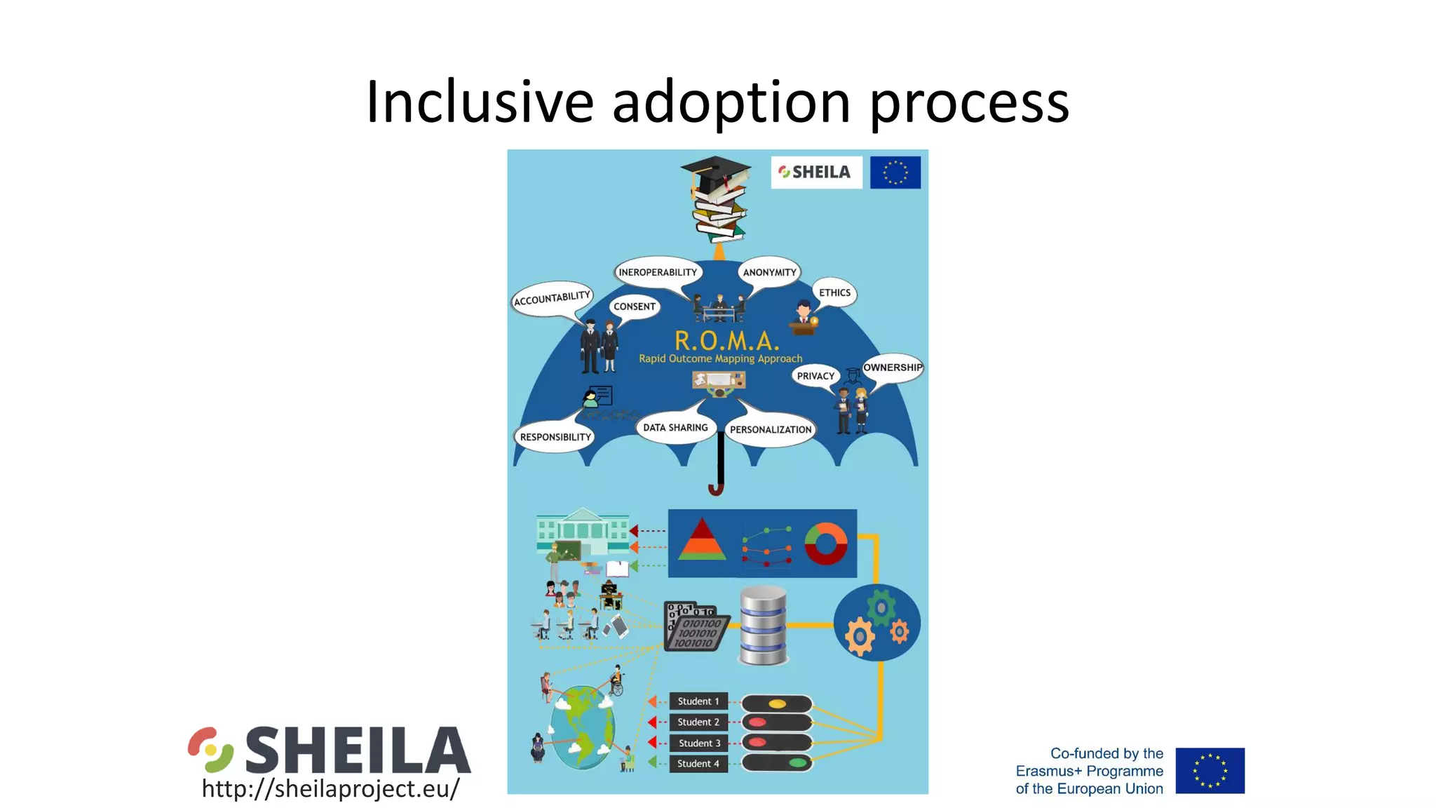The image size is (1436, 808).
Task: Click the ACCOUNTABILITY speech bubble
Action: [x=552, y=299]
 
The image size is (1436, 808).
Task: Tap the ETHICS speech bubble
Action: [x=834, y=292]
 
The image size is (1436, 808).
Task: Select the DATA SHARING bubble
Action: [x=675, y=427]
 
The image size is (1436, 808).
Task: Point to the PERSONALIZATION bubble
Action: [x=770, y=429]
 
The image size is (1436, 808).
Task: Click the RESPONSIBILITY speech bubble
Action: [x=555, y=437]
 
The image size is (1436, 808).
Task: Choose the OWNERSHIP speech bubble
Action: [x=892, y=368]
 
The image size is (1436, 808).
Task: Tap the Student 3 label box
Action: [x=698, y=743]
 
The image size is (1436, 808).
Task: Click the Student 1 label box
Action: [x=698, y=701]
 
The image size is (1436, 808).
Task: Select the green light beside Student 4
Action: [x=797, y=762]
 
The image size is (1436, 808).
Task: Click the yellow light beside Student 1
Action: [x=777, y=703]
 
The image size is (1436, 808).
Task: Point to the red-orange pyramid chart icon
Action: [x=702, y=539]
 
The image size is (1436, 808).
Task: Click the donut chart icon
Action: [x=825, y=544]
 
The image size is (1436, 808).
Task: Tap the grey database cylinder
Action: [x=763, y=626]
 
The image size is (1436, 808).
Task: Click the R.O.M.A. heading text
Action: [x=726, y=341]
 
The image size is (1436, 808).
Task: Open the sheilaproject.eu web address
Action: [x=330, y=788]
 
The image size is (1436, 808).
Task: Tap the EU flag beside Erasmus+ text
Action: [x=1210, y=770]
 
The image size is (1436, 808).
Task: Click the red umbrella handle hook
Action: [x=716, y=488]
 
